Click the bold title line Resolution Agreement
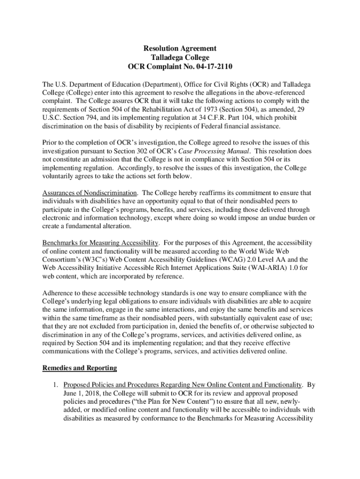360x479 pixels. coord(180,48)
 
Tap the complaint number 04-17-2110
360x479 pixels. coord(212,66)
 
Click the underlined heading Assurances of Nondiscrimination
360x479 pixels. coord(90,193)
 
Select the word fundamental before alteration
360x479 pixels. coord(86,226)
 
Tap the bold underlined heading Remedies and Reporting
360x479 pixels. coord(79,368)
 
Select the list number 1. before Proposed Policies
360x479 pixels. coord(55,385)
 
